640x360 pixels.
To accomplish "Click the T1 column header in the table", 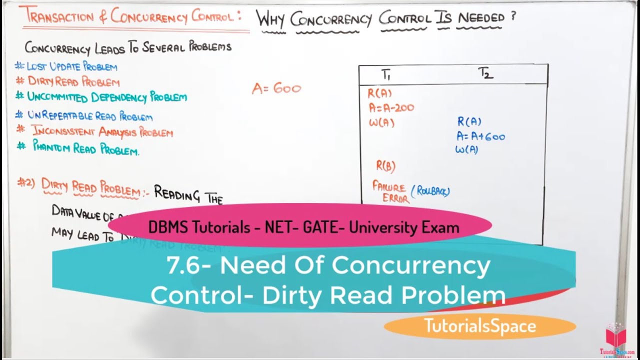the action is point(386,75).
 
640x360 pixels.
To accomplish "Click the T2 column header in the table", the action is point(485,74).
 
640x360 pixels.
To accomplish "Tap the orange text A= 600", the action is point(276,89).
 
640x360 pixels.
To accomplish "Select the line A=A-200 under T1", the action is point(391,107).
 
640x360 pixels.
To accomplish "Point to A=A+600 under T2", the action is point(480,136).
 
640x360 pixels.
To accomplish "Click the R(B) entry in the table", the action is point(385,166).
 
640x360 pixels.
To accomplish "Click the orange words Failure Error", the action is point(390,192).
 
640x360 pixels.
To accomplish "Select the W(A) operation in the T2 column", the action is point(466,149).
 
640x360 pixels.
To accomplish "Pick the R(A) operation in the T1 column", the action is point(380,93).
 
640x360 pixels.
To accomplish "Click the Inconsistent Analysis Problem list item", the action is point(102,132).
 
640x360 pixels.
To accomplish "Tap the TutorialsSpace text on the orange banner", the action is point(480,326).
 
